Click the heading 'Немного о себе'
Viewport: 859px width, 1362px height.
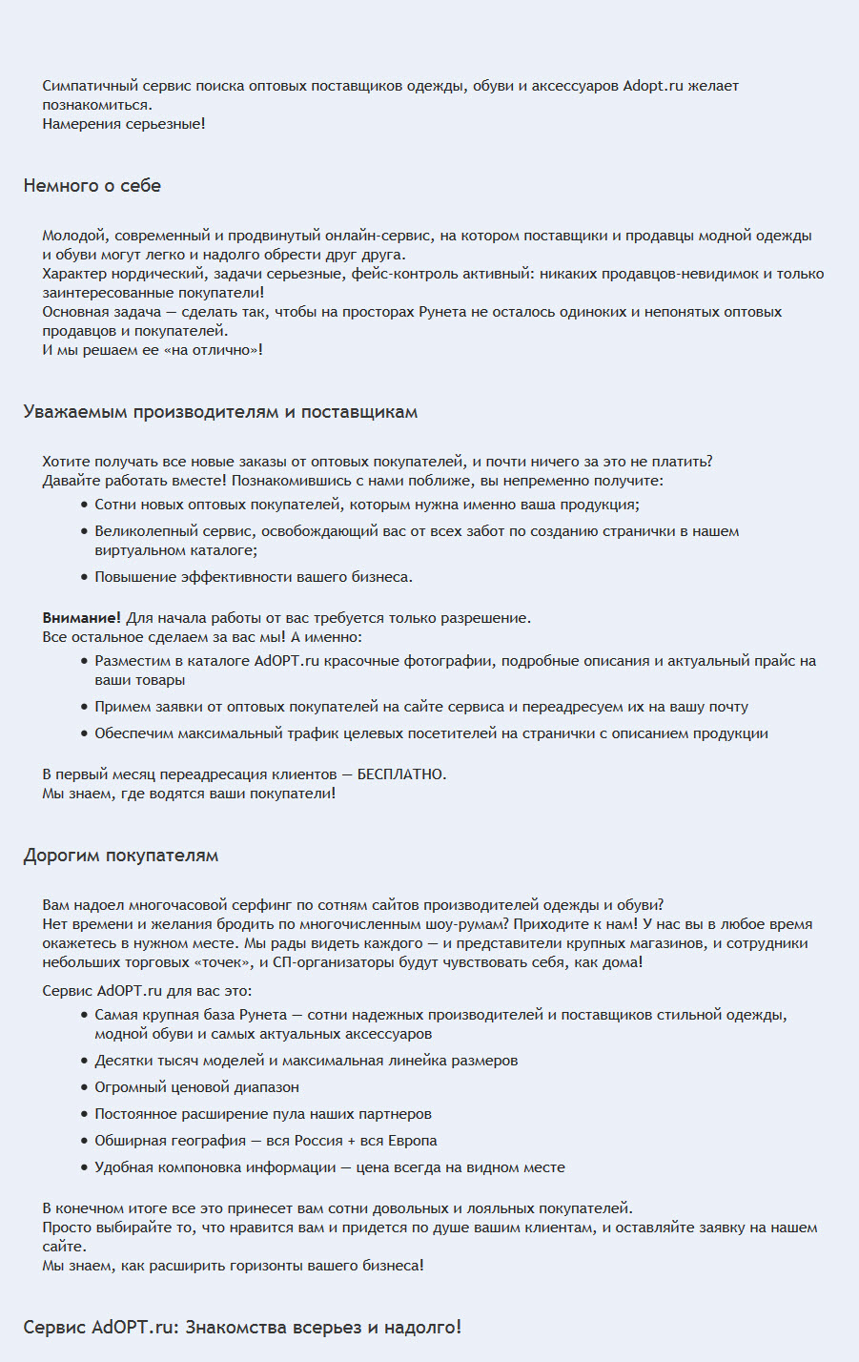(92, 186)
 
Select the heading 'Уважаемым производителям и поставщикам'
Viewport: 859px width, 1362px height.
(220, 412)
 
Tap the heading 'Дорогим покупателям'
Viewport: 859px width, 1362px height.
(121, 856)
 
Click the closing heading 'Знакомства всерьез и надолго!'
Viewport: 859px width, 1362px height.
(323, 1327)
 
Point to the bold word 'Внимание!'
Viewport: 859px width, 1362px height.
(81, 618)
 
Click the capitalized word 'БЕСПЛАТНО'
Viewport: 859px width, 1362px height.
(400, 774)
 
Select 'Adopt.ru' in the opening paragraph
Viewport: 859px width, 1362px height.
(653, 86)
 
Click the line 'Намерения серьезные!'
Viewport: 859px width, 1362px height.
(124, 124)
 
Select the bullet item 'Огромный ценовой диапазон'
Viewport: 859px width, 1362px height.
(196, 1087)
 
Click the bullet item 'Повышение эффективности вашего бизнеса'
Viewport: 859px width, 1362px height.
(253, 577)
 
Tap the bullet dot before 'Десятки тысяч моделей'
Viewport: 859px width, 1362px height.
(85, 1061)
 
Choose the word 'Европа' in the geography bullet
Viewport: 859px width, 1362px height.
(413, 1141)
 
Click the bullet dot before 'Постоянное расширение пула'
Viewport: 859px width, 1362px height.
(85, 1114)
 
